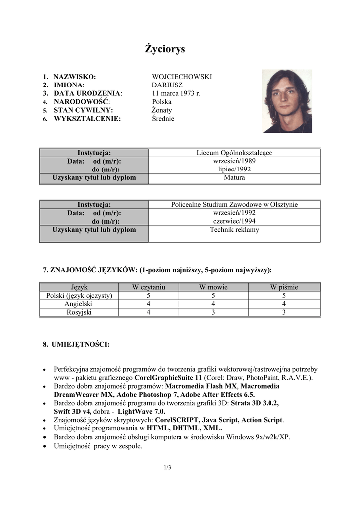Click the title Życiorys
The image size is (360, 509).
tap(165, 49)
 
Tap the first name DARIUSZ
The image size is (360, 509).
tap(167, 85)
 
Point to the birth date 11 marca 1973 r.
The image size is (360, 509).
tap(176, 93)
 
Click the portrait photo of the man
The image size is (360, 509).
tap(287, 101)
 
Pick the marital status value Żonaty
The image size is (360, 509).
tap(162, 110)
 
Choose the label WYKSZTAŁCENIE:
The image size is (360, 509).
tap(87, 119)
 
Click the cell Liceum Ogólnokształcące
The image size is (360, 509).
tap(234, 153)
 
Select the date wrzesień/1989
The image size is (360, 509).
tap(234, 161)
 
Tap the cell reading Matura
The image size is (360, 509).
tap(234, 177)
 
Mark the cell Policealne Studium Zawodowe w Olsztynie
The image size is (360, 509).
tap(234, 204)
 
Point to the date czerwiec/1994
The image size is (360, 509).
tap(234, 221)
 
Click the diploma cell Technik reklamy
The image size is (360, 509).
tap(234, 230)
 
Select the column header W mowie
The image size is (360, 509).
tap(213, 287)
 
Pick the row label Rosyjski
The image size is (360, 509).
tap(79, 313)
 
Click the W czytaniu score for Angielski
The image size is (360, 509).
tap(148, 304)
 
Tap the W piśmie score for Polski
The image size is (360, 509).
tap(284, 296)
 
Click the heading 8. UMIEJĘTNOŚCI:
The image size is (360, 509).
tap(76, 344)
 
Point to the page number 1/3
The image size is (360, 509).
tap(167, 467)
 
